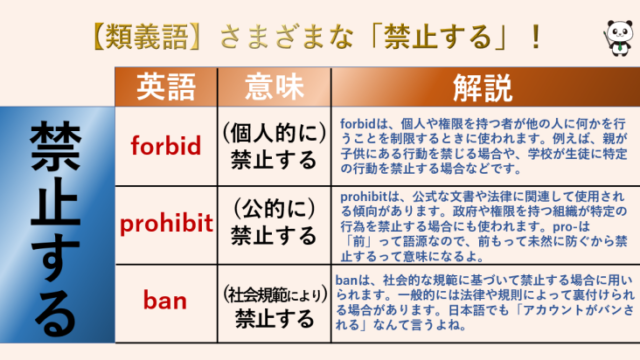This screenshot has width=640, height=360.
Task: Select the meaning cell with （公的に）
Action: pyautogui.click(x=268, y=223)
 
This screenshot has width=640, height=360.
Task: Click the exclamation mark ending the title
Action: pyautogui.click(x=536, y=37)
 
